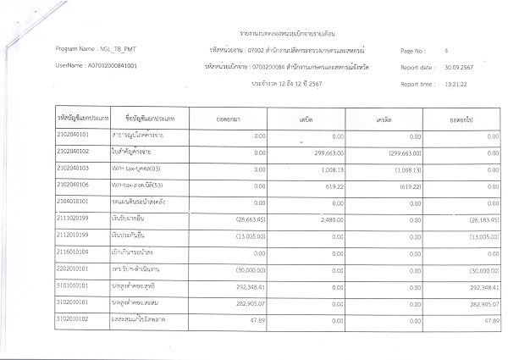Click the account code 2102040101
click(75, 136)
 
